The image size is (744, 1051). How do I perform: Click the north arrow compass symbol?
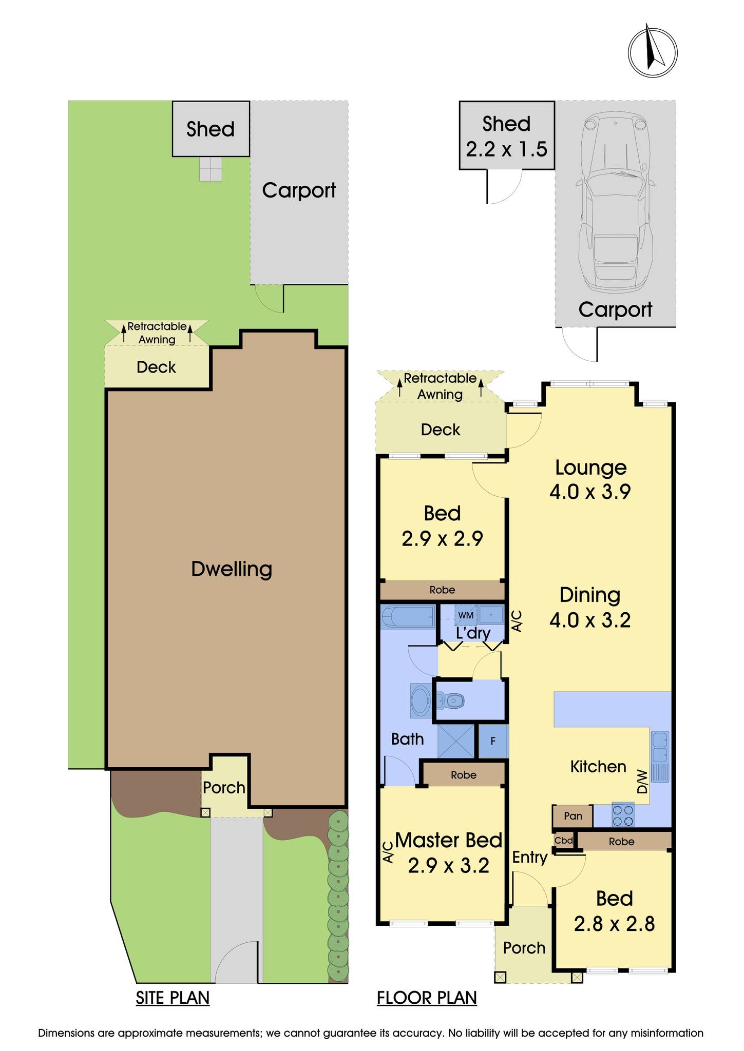(652, 51)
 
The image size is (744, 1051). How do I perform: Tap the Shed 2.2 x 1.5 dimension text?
(506, 137)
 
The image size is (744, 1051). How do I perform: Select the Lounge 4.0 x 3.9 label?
(590, 479)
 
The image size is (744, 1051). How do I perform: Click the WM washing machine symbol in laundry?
(465, 615)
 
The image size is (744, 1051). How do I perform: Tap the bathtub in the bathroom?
(408, 617)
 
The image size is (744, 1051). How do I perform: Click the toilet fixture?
(451, 700)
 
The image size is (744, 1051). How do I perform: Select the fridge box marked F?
(493, 741)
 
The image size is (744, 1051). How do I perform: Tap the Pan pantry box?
(573, 816)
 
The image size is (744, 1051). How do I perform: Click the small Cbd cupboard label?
(563, 841)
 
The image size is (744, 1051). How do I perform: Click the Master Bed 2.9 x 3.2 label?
(448, 852)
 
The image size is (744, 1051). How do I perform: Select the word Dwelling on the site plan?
(231, 569)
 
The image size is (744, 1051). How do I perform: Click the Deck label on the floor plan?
(440, 430)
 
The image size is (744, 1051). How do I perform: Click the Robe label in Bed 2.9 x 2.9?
(442, 590)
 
